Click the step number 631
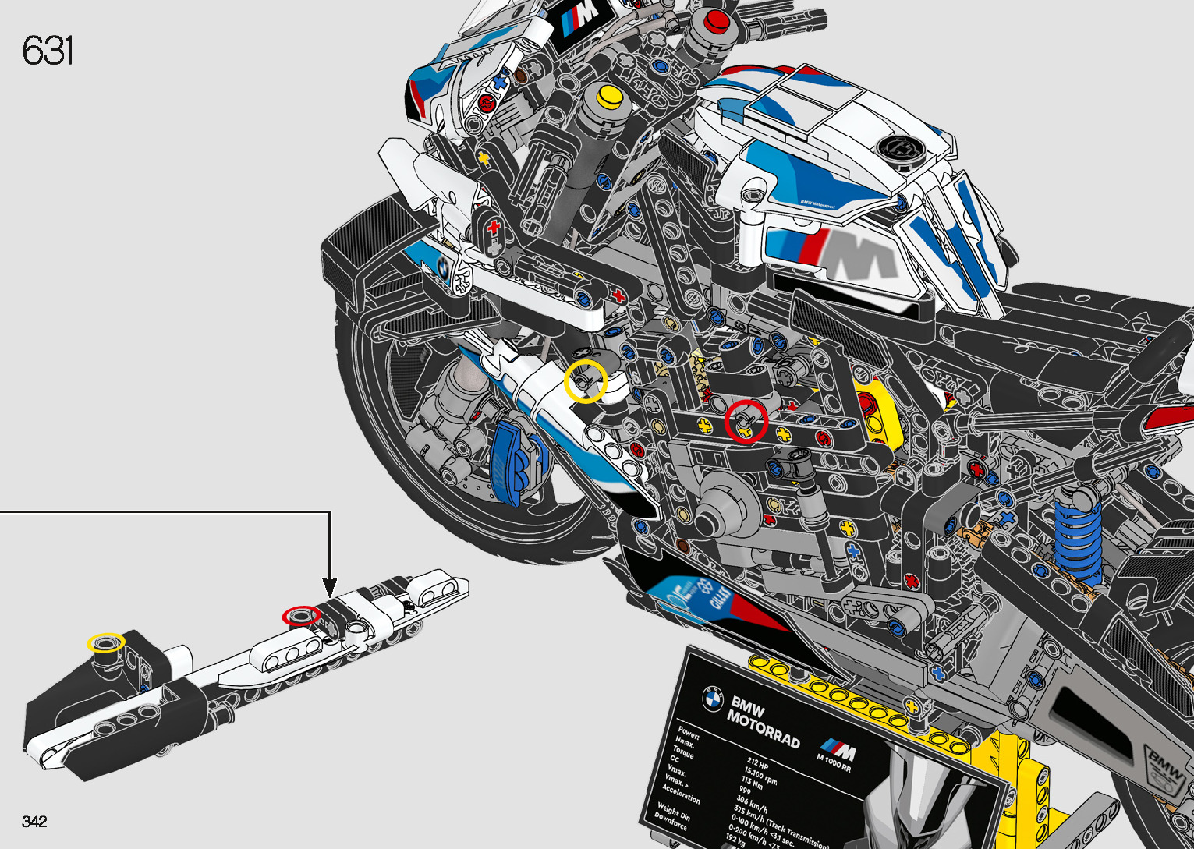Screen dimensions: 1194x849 click(48, 51)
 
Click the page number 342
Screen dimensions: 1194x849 click(34, 822)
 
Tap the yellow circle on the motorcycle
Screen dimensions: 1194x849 click(586, 381)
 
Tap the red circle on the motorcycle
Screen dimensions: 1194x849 click(746, 422)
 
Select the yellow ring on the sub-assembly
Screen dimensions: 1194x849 click(105, 642)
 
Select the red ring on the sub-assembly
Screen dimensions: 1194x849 click(301, 615)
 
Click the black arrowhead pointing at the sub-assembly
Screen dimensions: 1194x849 click(329, 587)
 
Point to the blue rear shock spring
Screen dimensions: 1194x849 click(1079, 530)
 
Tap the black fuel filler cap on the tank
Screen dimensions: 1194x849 click(900, 149)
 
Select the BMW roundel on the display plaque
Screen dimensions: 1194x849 click(712, 699)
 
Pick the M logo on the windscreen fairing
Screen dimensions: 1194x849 click(578, 20)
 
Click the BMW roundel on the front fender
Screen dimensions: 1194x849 click(442, 267)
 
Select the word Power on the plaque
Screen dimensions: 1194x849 click(688, 734)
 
